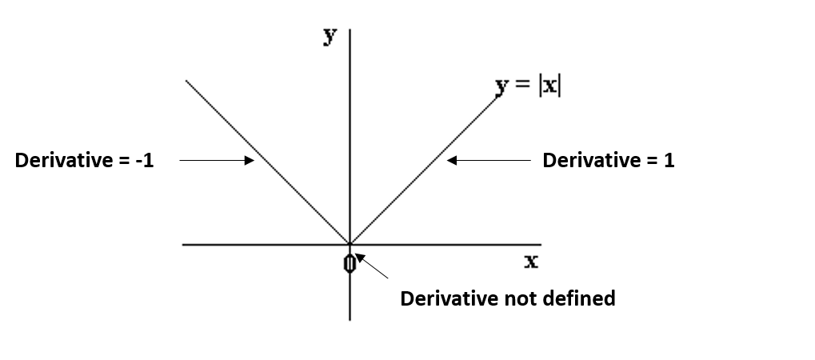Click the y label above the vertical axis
[330, 36]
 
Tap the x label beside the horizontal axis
[531, 261]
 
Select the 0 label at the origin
[350, 263]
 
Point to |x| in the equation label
[549, 86]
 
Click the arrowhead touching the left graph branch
[250, 161]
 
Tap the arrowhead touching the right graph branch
[452, 161]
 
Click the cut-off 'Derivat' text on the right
[574, 161]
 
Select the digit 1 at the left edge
[149, 161]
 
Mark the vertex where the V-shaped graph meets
[350, 245]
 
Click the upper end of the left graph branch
[186, 80]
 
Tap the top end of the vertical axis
[350, 29]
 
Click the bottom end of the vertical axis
[350, 319]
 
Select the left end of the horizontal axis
[183, 245]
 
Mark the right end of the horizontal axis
[541, 245]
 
